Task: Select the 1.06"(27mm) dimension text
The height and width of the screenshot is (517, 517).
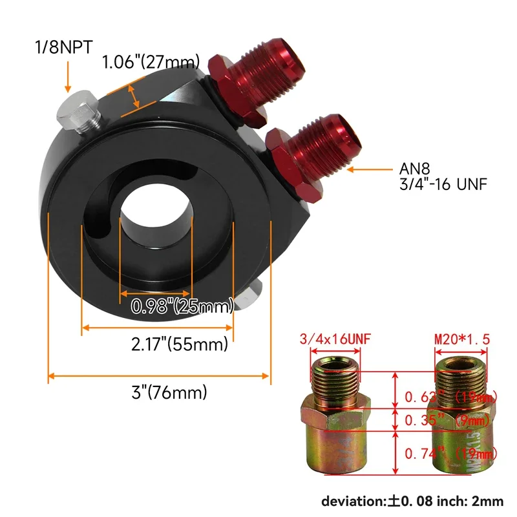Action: point(150,63)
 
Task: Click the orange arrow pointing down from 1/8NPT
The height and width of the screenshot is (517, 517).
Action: point(67,76)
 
